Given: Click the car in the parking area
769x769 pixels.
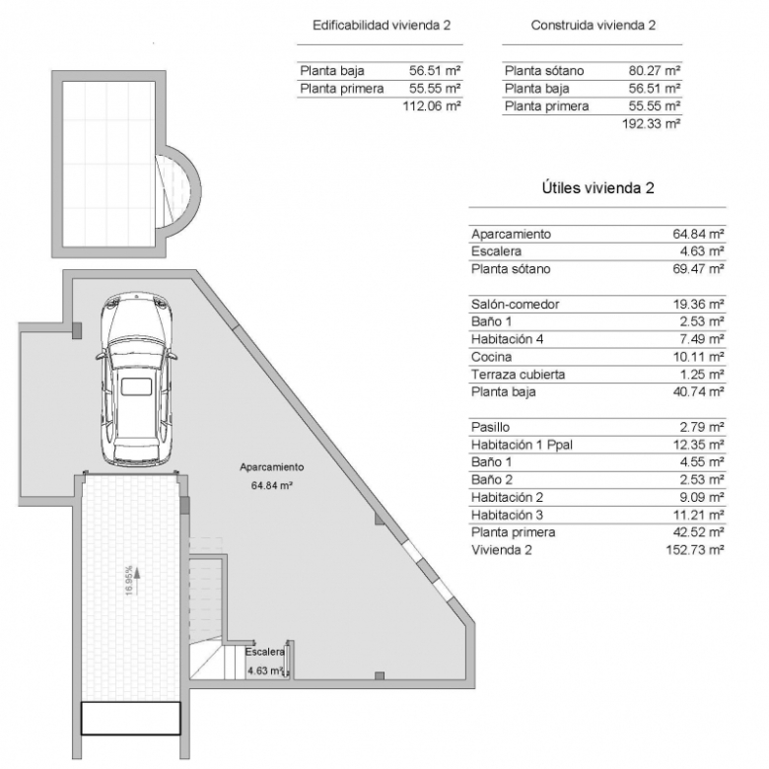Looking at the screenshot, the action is point(136,380).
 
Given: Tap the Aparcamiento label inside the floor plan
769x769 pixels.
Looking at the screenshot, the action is point(272,467).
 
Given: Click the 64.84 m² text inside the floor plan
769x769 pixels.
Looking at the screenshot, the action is point(272,485).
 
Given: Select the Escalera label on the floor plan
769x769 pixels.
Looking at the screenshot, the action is point(265,652).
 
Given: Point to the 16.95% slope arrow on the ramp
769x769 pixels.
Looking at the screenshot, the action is point(137,581).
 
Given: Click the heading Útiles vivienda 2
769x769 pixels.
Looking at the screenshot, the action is point(597,188).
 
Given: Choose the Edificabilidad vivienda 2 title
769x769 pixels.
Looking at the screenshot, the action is point(382,26).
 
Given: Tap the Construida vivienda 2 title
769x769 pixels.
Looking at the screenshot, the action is point(593,26).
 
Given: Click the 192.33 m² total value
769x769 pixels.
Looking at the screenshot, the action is point(652,123).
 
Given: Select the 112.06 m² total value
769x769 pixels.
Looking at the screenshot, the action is point(432,105).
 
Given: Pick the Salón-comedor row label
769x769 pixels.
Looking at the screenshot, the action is point(515,304).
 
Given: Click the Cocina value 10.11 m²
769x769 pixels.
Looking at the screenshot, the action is point(698,357).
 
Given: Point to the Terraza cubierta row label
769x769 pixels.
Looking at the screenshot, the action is point(518,375).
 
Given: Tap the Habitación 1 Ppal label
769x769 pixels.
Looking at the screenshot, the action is point(522,445).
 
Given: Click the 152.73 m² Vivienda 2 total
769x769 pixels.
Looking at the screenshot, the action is point(695,550).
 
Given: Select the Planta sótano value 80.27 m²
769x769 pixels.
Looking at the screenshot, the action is point(655,71).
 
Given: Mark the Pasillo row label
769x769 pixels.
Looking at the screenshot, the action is point(490,427).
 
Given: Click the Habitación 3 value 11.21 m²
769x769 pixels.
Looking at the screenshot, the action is point(698,515).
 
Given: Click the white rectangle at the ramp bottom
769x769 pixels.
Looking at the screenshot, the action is point(130,718).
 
